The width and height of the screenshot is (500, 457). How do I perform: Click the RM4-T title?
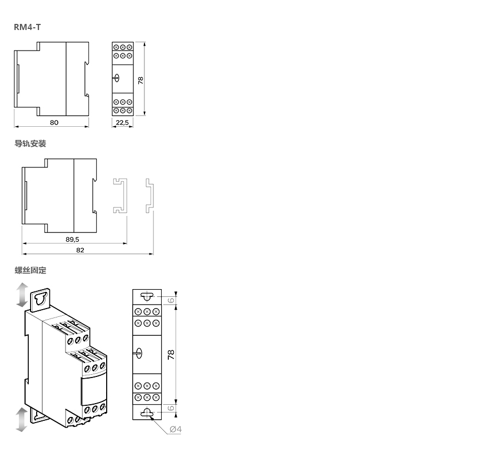[27, 27]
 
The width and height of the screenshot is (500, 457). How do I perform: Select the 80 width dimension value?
[54, 122]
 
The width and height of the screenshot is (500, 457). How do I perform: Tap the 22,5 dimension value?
[122, 122]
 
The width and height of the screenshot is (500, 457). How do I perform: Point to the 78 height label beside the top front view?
[141, 81]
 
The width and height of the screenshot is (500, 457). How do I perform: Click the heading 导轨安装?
[31, 143]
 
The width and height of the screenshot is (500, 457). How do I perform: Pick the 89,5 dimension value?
[72, 240]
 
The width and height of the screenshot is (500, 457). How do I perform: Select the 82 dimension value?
[80, 250]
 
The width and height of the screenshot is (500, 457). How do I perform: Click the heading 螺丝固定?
[31, 270]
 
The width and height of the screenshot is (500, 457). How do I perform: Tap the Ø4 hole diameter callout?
[176, 429]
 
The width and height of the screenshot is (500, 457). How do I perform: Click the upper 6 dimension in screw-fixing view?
[171, 300]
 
